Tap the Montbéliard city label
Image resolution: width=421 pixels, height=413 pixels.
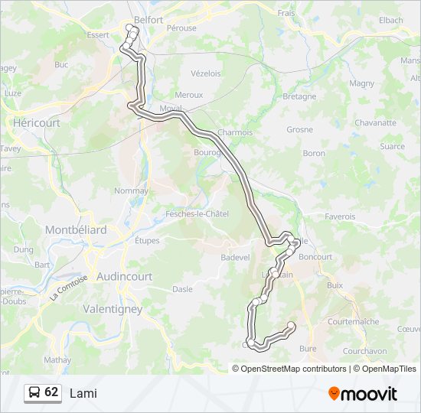(x=76, y=229)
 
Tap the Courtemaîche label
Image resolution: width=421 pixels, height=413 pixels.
(x=353, y=322)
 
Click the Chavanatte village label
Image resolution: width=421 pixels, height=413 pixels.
(x=375, y=122)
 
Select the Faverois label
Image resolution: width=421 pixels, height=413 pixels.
(x=340, y=216)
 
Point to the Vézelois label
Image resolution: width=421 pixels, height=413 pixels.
(x=205, y=73)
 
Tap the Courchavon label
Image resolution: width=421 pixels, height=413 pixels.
(x=364, y=351)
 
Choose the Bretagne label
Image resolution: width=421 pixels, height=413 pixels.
(x=299, y=96)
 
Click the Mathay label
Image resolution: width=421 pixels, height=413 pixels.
(x=57, y=359)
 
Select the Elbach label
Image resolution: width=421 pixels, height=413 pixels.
(x=390, y=20)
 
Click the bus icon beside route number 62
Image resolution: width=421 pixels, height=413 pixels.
(x=34, y=393)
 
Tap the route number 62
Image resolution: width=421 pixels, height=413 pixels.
(x=51, y=392)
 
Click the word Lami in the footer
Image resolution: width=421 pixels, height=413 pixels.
(x=83, y=393)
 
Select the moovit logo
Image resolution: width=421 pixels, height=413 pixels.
(x=363, y=393)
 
